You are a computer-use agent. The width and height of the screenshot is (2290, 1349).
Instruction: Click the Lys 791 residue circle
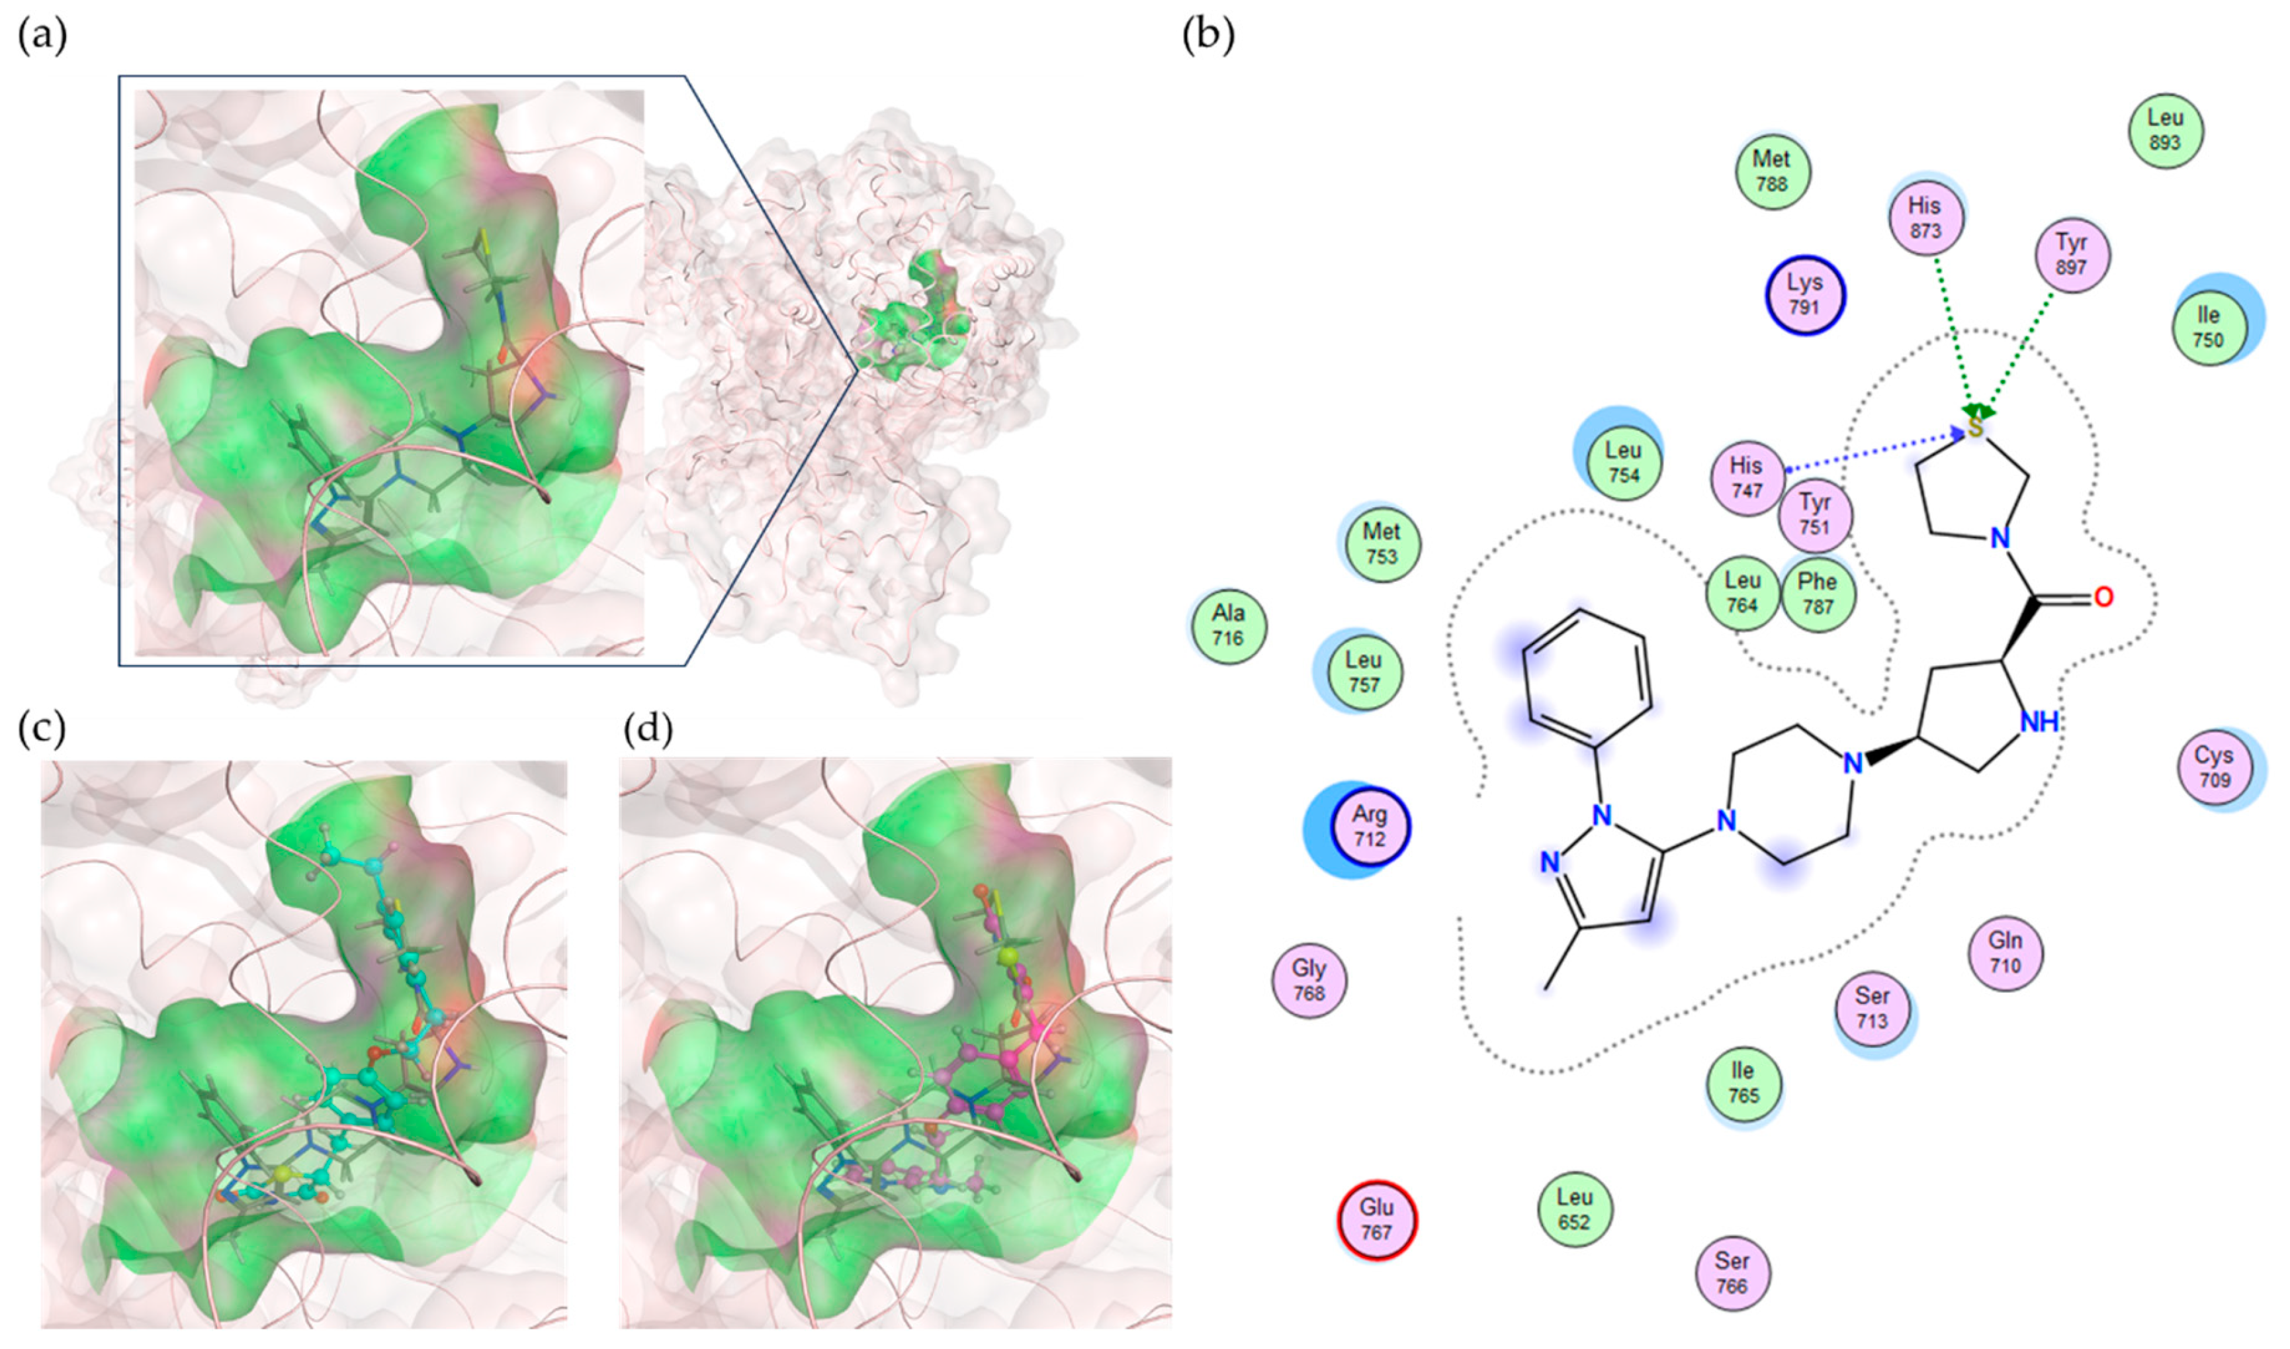(1805, 295)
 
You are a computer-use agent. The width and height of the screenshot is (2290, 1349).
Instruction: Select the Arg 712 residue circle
(1370, 826)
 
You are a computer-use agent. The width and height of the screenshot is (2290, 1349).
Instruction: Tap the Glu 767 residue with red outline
(1377, 1219)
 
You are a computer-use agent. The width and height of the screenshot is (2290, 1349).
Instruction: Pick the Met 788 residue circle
(1772, 171)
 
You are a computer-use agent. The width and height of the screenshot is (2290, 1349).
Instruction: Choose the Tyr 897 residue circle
(2071, 255)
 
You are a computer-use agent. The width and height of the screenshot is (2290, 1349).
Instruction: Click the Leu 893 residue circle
(2166, 130)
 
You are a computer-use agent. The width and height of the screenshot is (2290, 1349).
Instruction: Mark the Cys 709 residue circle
(2215, 767)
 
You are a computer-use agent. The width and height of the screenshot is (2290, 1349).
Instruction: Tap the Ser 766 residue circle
(1732, 1273)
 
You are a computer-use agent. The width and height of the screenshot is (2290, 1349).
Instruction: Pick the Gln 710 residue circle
(2005, 953)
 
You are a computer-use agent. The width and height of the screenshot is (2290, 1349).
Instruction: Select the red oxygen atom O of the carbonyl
(2102, 597)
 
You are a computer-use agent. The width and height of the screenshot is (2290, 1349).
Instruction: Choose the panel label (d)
(648, 729)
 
